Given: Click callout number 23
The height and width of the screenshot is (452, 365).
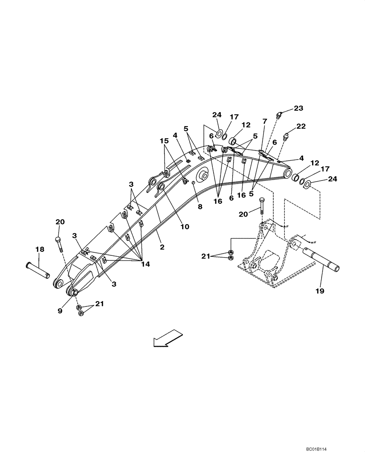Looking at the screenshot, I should tap(299, 108).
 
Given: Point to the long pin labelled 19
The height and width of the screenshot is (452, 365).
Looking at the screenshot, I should tap(319, 254).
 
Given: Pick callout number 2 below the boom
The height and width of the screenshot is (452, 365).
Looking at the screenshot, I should tap(162, 247).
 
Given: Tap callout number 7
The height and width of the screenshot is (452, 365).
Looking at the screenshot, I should tap(265, 122).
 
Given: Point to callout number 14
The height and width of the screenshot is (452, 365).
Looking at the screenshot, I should tap(144, 264).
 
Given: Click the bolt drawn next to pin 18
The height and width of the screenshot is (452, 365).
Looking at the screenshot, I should tap(59, 245).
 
